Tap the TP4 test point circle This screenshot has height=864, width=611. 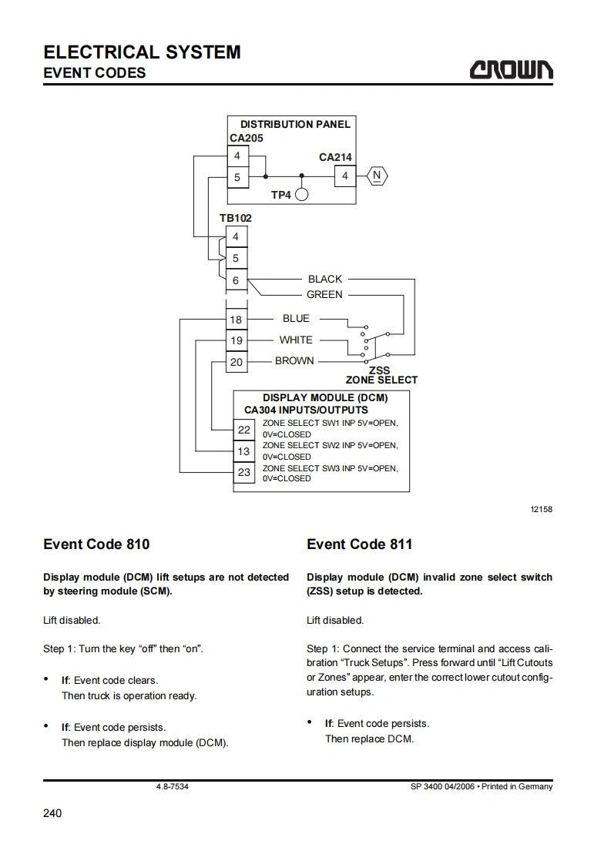click(x=301, y=195)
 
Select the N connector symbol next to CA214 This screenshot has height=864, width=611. click(x=377, y=176)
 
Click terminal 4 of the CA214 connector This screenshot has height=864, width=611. click(x=345, y=176)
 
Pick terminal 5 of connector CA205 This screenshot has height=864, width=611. click(x=237, y=177)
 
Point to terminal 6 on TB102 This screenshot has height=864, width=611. click(x=236, y=281)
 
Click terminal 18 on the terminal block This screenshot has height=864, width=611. click(x=236, y=320)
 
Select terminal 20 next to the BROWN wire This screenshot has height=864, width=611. click(x=236, y=362)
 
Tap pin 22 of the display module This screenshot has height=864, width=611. click(x=243, y=429)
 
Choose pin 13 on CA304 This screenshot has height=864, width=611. click(x=243, y=450)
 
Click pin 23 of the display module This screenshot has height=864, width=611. click(x=243, y=472)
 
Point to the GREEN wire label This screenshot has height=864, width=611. click(x=324, y=295)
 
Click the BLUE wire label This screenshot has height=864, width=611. click(x=296, y=318)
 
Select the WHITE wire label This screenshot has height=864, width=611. click(x=296, y=340)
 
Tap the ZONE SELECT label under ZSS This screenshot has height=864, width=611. click(x=381, y=380)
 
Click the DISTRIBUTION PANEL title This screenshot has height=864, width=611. click(x=295, y=124)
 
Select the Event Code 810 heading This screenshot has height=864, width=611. click(x=96, y=544)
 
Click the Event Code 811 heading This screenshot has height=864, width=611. click(x=359, y=544)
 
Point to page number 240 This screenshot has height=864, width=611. click(x=52, y=813)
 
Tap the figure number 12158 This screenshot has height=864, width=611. click(x=541, y=509)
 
